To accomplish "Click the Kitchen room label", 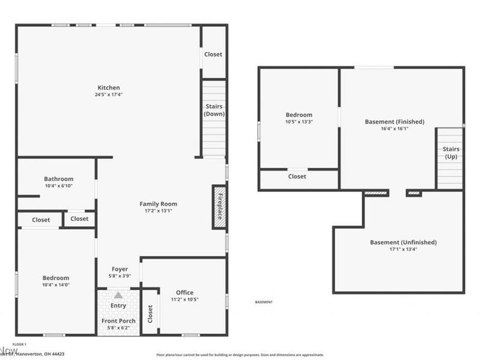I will click(x=109, y=88).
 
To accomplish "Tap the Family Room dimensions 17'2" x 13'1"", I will click(x=158, y=211).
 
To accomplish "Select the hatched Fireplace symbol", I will click(x=219, y=207).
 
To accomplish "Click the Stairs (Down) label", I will click(x=214, y=110).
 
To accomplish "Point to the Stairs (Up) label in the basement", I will click(x=451, y=152).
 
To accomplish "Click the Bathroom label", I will click(x=58, y=179).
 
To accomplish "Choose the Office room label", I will click(x=185, y=293).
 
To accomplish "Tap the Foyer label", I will click(x=120, y=269).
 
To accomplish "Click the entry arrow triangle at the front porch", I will click(x=118, y=295).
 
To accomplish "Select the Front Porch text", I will click(x=118, y=321).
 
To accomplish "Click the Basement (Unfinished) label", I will click(x=403, y=242).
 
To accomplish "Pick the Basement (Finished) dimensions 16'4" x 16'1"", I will click(x=394, y=128).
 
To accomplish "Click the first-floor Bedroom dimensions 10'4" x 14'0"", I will click(x=55, y=285).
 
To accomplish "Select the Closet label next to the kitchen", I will click(x=213, y=54).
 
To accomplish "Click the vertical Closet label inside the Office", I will click(x=150, y=313).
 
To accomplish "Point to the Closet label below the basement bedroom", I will click(x=297, y=176).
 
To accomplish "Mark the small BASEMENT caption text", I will click(x=263, y=302).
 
